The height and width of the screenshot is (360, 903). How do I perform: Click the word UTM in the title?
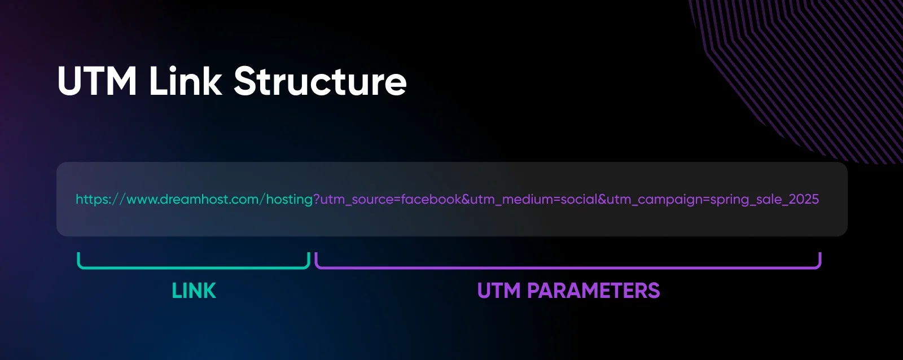click(x=97, y=81)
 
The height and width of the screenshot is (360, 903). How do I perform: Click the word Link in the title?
click(x=185, y=81)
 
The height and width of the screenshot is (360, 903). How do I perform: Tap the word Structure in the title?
click(x=320, y=81)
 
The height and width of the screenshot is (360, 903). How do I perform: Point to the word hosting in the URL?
click(x=289, y=199)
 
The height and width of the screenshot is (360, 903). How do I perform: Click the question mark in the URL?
click(x=317, y=199)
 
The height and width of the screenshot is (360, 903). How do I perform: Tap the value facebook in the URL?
click(x=431, y=199)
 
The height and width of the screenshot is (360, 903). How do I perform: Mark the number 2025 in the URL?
click(x=804, y=199)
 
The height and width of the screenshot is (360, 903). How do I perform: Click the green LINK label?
click(x=194, y=291)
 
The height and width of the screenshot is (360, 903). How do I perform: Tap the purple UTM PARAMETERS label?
click(x=568, y=291)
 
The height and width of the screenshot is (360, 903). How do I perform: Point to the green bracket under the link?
click(x=194, y=267)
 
